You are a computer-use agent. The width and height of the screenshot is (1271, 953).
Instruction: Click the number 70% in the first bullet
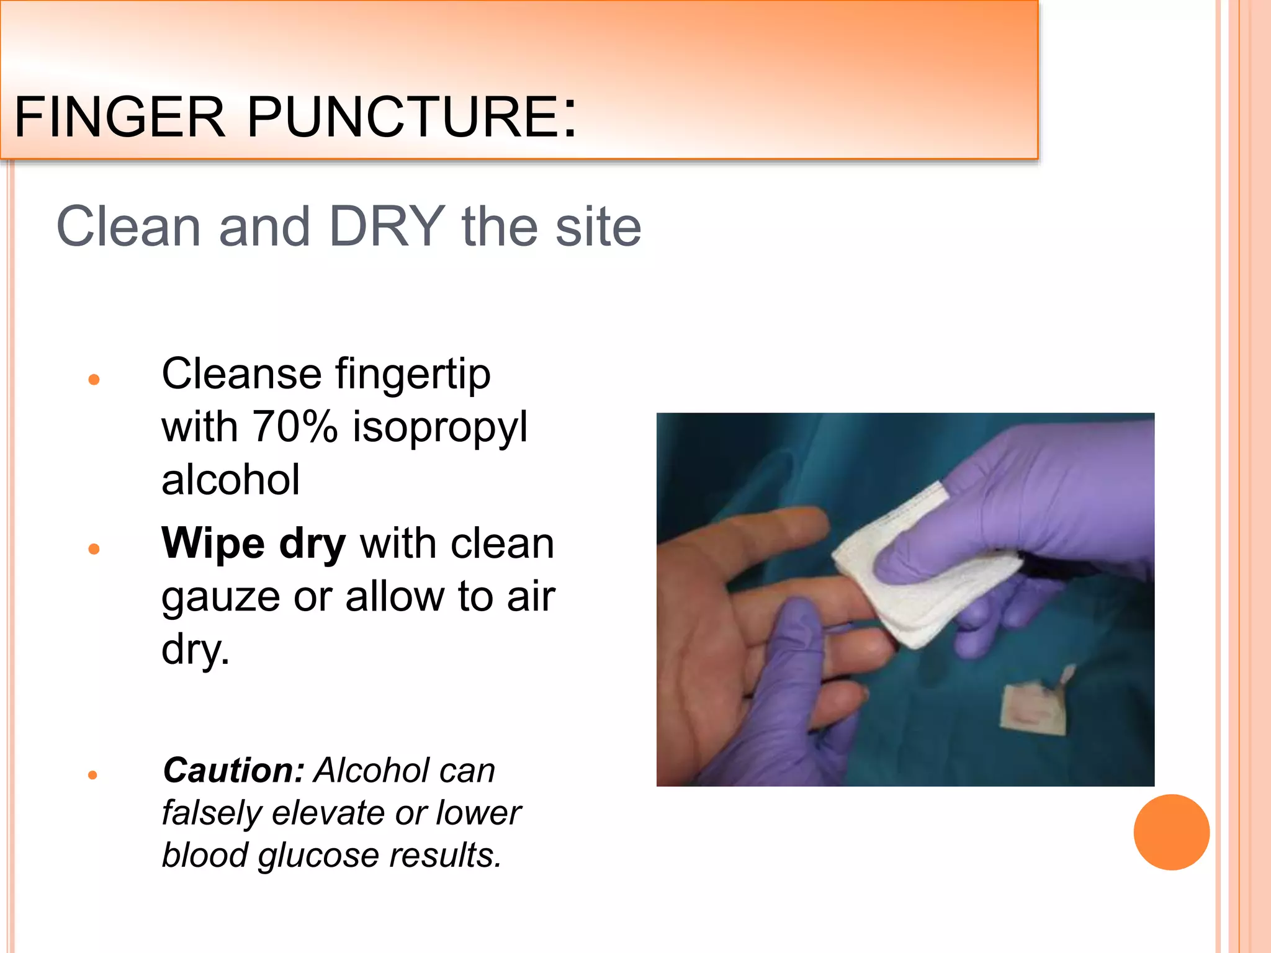tap(295, 427)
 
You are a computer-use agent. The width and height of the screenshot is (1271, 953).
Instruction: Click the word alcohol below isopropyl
tap(230, 480)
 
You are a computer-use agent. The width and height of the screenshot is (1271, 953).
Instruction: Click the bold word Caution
tap(233, 771)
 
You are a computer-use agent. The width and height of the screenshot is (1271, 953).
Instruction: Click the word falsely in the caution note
tap(211, 813)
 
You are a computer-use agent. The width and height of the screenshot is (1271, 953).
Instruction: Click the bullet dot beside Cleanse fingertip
tap(94, 380)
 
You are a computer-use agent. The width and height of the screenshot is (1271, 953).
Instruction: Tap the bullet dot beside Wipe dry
tap(94, 548)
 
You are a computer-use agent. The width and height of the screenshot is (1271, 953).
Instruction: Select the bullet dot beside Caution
tap(93, 775)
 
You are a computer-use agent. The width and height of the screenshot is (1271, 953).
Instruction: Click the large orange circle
tap(1171, 832)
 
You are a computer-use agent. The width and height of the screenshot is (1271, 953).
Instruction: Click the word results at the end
tap(445, 855)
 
